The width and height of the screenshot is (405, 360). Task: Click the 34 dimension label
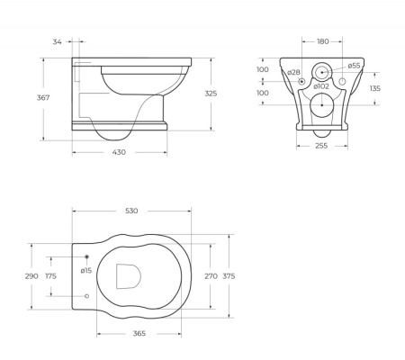coord(58,40)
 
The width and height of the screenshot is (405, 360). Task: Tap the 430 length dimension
coord(119,152)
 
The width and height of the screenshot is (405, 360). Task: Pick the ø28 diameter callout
coord(293,72)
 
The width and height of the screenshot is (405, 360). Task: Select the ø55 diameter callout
coord(355,66)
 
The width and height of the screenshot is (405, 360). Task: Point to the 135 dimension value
coord(375,88)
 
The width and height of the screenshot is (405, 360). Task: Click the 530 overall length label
coord(131,211)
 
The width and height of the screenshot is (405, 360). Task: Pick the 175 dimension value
coord(50,276)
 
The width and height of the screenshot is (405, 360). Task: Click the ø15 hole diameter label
coord(85,270)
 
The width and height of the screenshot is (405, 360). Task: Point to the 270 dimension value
coord(211,276)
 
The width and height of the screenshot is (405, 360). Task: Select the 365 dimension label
coord(140,334)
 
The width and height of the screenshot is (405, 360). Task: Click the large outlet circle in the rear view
coord(321,105)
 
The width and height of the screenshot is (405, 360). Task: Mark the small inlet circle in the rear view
coord(321,71)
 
